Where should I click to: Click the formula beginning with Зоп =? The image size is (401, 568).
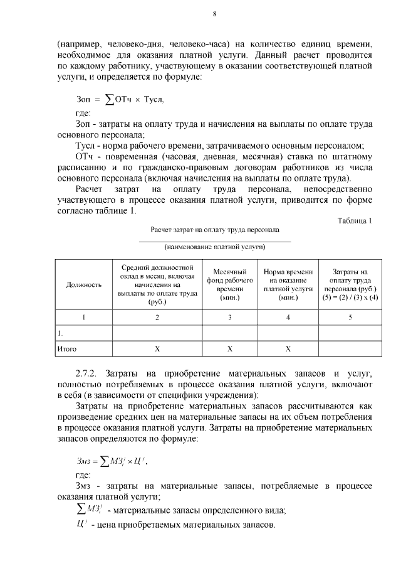click(x=119, y=99)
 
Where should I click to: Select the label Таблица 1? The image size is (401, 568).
click(x=355, y=220)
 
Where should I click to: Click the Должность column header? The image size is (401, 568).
click(x=84, y=284)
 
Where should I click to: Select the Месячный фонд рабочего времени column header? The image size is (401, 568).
click(x=229, y=284)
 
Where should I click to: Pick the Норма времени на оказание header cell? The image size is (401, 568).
click(x=288, y=284)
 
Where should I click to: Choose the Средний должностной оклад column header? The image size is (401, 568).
click(x=157, y=284)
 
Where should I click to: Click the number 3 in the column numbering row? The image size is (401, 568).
click(x=229, y=318)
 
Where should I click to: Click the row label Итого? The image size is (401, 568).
click(x=67, y=348)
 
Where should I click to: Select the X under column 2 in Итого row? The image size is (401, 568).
click(x=157, y=348)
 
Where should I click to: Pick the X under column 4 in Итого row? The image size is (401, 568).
click(x=288, y=348)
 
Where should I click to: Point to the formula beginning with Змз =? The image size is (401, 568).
click(x=113, y=462)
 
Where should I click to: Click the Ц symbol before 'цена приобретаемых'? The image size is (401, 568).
click(x=81, y=523)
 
